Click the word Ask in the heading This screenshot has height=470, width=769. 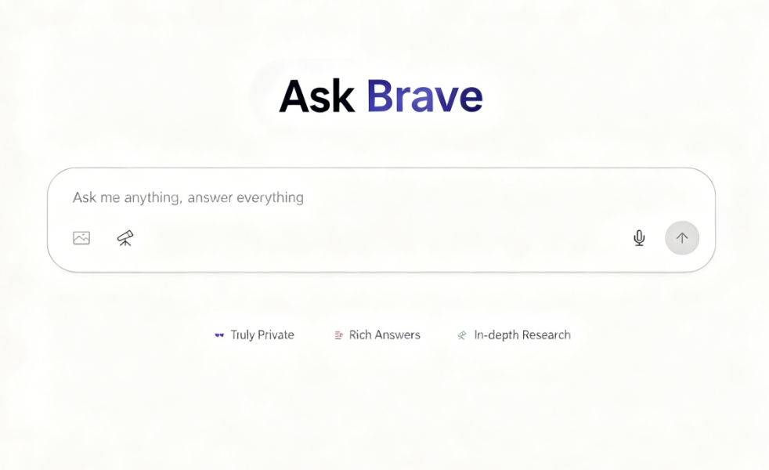(x=317, y=96)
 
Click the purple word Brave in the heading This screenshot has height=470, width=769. (x=424, y=96)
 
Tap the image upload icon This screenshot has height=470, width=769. (x=81, y=238)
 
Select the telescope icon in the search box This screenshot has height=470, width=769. (x=125, y=238)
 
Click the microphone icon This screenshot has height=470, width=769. (x=639, y=238)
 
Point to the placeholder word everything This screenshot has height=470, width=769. (x=270, y=197)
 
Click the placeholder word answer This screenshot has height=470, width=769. (x=210, y=198)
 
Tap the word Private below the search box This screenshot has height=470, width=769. (x=276, y=335)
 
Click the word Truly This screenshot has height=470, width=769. (x=243, y=335)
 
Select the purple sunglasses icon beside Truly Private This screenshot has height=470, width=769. (x=219, y=335)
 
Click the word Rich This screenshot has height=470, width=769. (x=360, y=335)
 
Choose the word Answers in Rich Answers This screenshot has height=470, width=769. (x=398, y=335)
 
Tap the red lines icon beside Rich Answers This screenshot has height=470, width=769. (x=339, y=335)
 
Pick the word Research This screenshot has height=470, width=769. (x=547, y=335)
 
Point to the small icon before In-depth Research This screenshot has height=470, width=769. (x=462, y=335)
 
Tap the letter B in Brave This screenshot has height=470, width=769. (x=381, y=96)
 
